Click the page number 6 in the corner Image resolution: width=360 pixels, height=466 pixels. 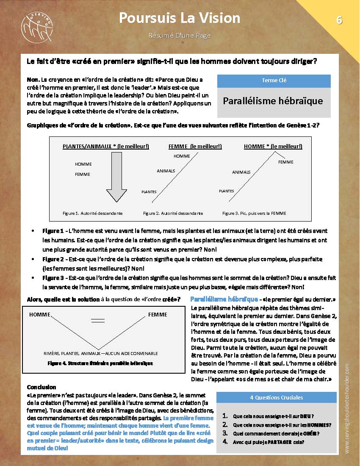pos(339,20)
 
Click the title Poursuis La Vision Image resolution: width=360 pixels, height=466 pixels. pos(180,18)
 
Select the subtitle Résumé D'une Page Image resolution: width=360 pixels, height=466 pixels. pos(180,36)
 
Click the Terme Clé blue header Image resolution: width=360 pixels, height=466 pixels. pos(274,80)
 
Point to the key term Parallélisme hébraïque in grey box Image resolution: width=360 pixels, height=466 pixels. pos(273,101)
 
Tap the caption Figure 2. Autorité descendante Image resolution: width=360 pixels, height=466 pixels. pos(173,213)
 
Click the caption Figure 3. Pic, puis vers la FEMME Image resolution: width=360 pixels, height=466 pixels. pos(254,213)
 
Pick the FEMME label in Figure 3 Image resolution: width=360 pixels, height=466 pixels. pos(286,162)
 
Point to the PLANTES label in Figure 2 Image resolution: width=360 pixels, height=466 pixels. pos(149,192)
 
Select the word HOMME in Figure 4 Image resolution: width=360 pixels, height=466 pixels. pos(40,315)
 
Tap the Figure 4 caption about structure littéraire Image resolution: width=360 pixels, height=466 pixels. pos(100,363)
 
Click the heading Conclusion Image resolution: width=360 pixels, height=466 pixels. pos(42,387)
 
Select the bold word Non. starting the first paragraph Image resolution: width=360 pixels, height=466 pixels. pos(33,79)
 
